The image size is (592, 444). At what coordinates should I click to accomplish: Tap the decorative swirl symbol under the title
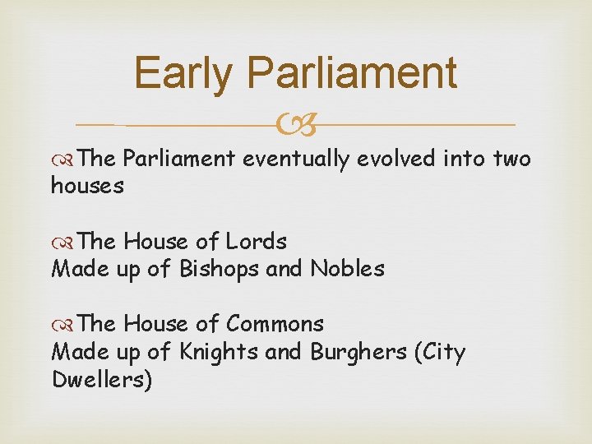tap(296, 126)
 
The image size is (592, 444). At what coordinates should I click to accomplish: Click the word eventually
tap(297, 159)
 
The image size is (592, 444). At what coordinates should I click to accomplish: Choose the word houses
tap(87, 186)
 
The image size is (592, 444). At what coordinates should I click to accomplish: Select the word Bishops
tap(219, 269)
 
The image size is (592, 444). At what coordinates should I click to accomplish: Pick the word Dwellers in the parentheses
tap(102, 381)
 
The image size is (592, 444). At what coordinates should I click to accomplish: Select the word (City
tap(440, 352)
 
